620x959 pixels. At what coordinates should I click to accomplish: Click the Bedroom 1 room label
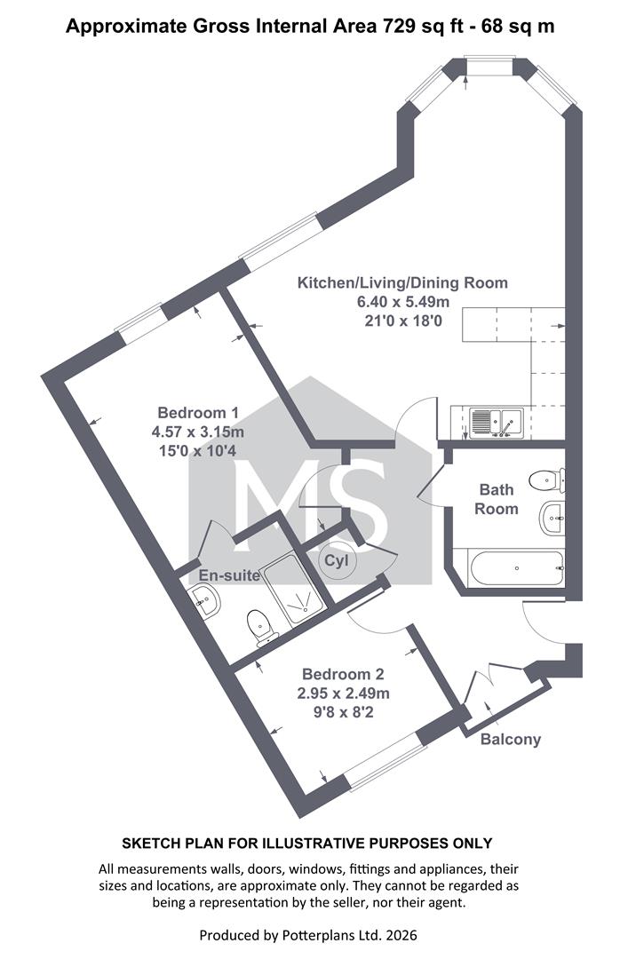198,413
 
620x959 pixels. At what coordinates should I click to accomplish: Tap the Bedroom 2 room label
343,674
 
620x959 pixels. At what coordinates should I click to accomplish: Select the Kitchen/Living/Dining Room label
402,283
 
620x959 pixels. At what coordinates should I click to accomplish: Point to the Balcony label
511,740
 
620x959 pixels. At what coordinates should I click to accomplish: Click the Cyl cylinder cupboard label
336,560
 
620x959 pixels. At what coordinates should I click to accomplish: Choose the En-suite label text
229,575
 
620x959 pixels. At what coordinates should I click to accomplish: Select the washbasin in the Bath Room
552,518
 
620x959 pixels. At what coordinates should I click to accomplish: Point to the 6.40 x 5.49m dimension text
403,302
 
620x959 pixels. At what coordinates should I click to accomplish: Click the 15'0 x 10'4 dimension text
198,451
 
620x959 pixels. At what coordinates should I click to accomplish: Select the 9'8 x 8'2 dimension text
343,712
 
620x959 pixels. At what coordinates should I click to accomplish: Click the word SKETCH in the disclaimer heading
147,844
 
